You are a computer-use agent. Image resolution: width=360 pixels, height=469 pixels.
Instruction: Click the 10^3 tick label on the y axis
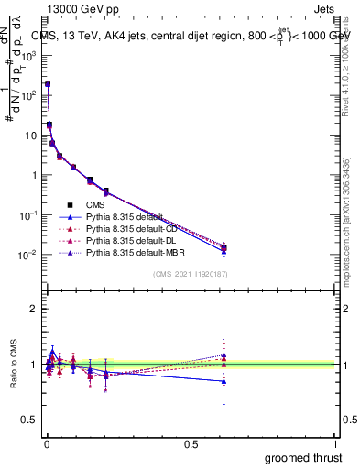(x=28, y=55)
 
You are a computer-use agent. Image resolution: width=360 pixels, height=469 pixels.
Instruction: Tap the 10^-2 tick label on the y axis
(x=28, y=255)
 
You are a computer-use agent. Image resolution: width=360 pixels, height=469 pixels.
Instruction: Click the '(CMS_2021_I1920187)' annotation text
(x=189, y=274)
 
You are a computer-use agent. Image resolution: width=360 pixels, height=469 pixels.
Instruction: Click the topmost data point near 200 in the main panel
(x=48, y=83)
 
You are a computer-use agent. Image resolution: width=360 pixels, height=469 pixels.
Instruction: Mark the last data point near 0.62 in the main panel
(x=224, y=247)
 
